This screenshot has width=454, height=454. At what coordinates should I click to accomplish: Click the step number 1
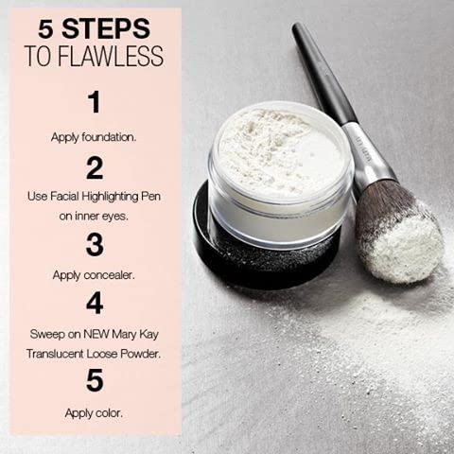93,101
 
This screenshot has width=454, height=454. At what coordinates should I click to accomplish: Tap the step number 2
94,168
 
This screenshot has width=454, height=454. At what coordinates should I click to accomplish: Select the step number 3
94,244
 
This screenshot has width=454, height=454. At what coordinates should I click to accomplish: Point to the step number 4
94,304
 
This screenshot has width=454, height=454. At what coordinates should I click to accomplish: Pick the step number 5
94,379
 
